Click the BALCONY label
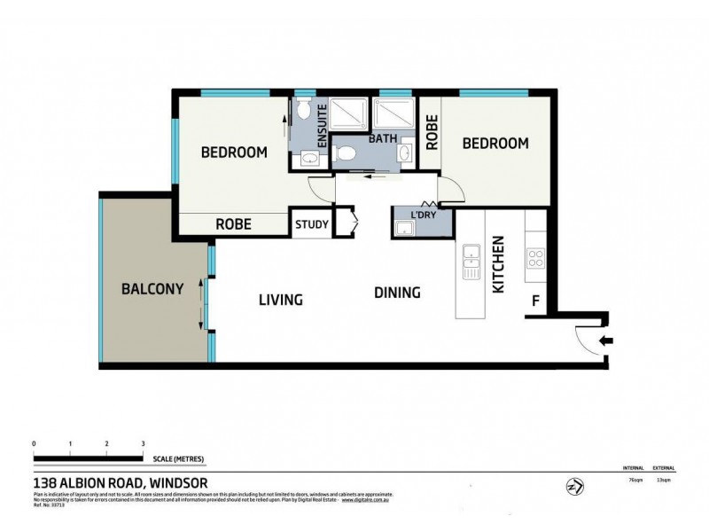152,288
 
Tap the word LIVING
280,300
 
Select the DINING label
396,293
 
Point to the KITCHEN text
498,264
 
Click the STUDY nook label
311,224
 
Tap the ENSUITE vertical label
323,127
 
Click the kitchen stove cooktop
536,258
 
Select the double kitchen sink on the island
471,263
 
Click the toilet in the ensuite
303,111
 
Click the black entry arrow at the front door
605,340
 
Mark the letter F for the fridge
534,301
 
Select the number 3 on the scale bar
143,443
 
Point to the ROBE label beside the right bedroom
432,132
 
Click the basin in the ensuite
309,159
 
